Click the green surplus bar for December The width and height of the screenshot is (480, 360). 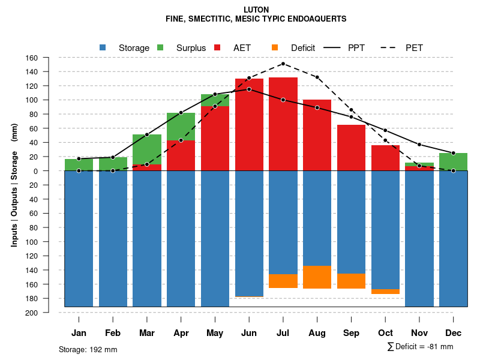(x=453, y=162)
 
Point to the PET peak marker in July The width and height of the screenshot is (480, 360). (x=283, y=64)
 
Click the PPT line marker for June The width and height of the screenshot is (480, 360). (x=249, y=89)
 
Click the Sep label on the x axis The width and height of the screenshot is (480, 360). (x=351, y=333)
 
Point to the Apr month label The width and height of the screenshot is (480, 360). (x=181, y=333)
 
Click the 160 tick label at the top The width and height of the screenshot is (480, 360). (x=32, y=58)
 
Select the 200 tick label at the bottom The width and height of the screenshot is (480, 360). (x=32, y=313)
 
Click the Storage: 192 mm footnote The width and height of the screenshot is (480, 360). (x=88, y=349)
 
